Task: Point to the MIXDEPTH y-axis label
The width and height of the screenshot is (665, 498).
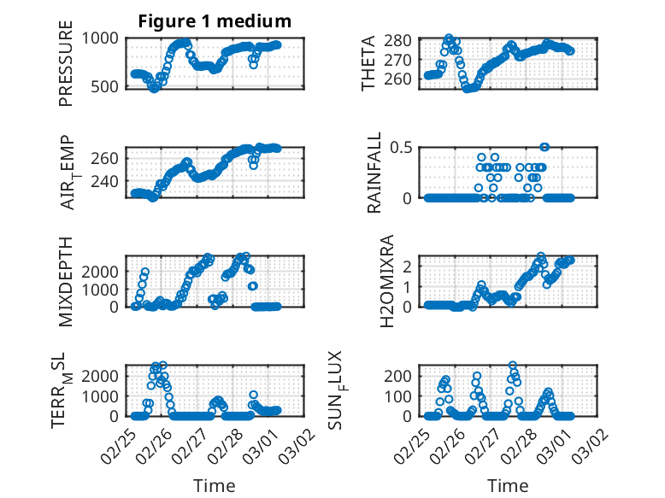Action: tap(66, 281)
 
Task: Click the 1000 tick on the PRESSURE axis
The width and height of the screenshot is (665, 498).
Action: tap(103, 37)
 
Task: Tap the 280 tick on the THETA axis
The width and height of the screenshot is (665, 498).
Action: tap(403, 41)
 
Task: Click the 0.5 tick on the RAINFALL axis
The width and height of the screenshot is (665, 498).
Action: tap(403, 147)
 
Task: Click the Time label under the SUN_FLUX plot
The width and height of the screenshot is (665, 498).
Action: tap(508, 485)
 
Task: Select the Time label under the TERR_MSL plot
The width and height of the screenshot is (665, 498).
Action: tap(214, 485)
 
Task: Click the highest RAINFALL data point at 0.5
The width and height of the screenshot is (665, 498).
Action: tap(544, 147)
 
